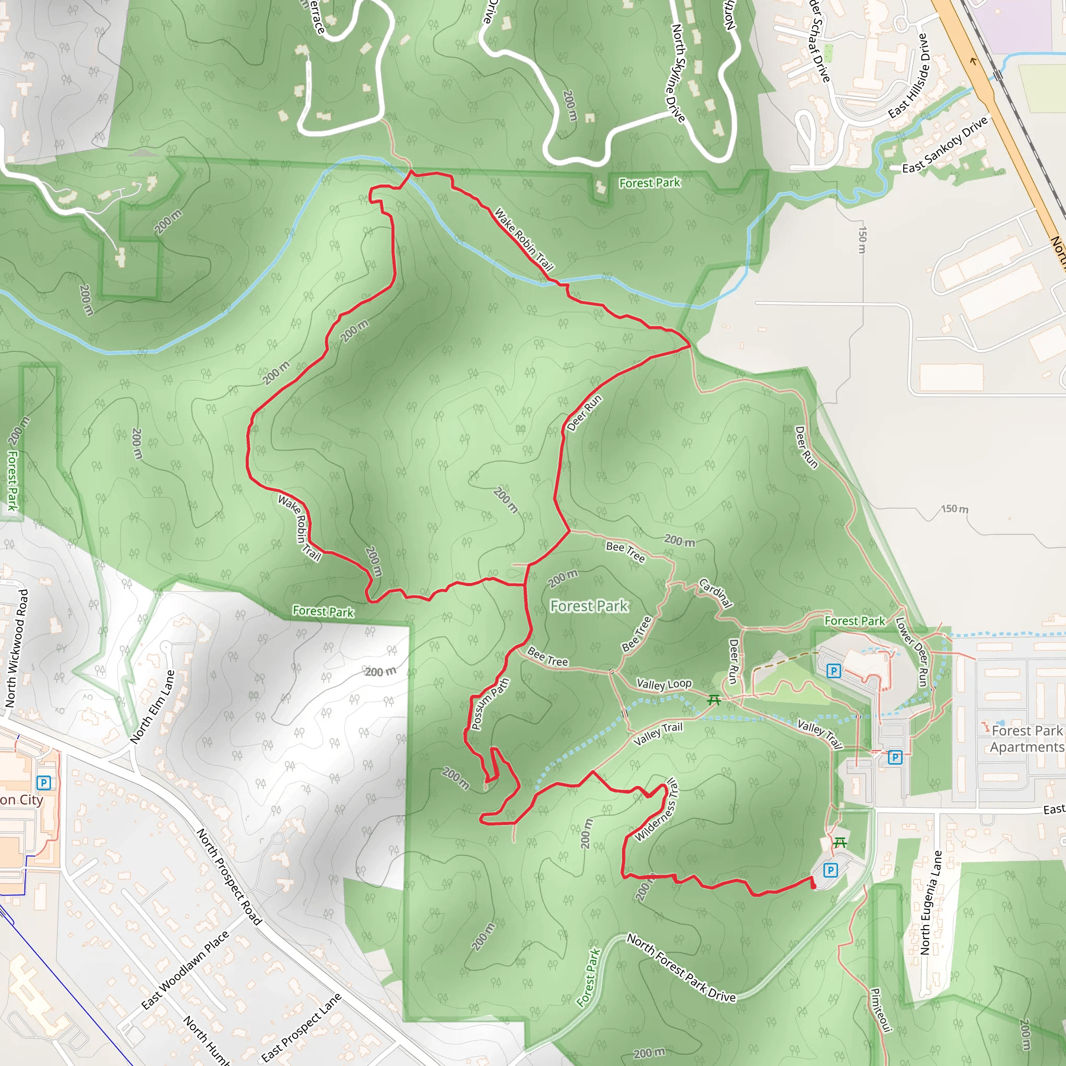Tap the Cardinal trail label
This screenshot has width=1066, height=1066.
click(x=716, y=592)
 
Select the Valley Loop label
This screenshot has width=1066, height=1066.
click(x=664, y=684)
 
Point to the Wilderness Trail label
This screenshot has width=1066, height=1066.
click(x=656, y=810)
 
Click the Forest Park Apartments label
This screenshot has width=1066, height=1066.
click(x=1026, y=739)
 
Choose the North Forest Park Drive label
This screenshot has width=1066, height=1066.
click(x=681, y=968)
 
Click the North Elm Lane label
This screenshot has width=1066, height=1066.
click(x=153, y=707)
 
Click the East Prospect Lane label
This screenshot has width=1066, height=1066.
click(x=301, y=1027)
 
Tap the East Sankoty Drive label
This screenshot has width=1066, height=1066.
click(x=945, y=145)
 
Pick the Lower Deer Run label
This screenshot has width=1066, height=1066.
click(x=912, y=652)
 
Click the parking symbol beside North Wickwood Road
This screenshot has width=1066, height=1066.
click(x=44, y=782)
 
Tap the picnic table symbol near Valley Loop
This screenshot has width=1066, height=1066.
click(x=714, y=700)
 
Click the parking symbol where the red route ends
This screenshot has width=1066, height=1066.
click(x=830, y=871)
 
